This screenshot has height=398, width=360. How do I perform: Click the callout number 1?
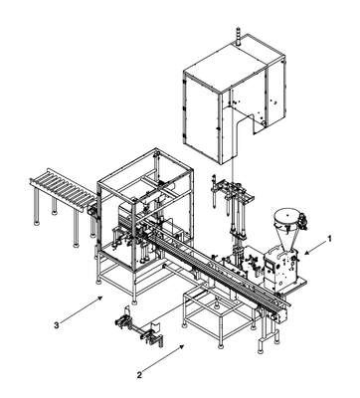click(329, 238)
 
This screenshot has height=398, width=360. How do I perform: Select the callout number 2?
click(139, 375)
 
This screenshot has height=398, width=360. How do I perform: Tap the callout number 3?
click(57, 325)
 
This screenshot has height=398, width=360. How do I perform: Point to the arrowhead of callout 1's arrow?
click(306, 254)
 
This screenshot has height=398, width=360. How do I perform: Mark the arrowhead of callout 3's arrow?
click(100, 298)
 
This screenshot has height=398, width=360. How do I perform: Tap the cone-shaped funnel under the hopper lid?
click(285, 236)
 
